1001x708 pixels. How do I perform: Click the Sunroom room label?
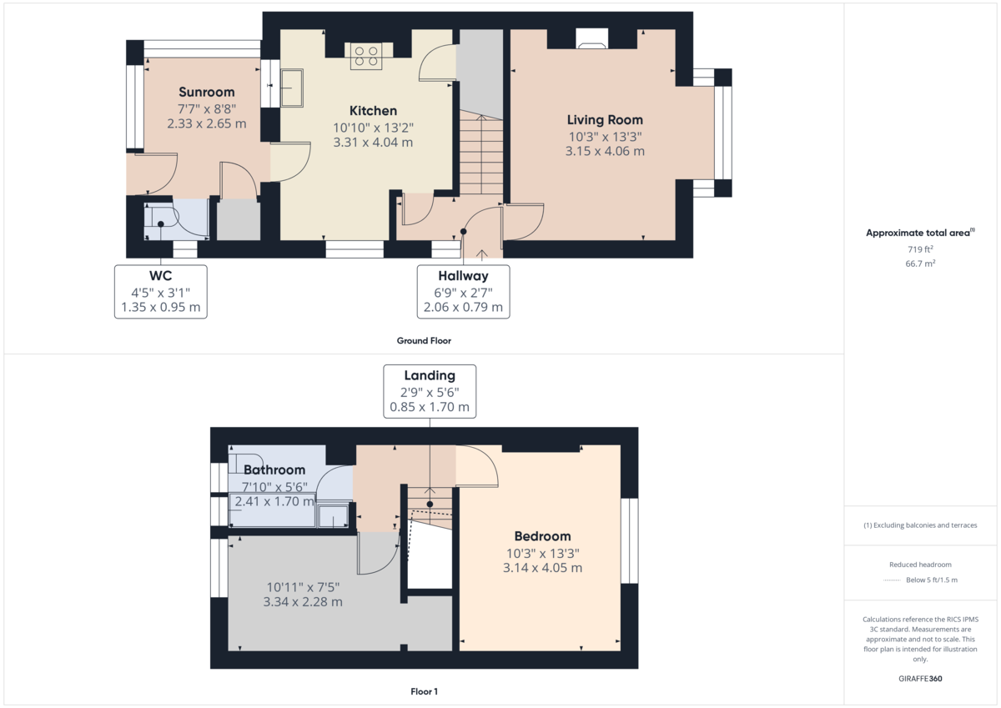206,92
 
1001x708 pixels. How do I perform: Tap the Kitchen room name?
373,111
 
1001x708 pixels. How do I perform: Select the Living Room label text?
605,120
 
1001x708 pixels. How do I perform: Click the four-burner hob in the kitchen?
366,56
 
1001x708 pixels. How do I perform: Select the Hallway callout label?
463,291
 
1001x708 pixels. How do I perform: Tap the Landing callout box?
430,391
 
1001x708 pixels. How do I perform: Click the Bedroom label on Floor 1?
542,536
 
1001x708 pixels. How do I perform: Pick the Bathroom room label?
274,470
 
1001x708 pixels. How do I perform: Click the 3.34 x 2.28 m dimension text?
303,601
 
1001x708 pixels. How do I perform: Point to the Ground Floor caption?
424,340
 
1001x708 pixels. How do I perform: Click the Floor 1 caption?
424,691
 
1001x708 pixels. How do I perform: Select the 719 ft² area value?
922,249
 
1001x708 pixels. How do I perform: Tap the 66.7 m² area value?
922,264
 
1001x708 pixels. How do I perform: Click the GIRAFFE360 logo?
922,679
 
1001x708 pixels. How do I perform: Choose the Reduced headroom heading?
920,565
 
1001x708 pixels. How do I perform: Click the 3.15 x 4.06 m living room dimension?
605,151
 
